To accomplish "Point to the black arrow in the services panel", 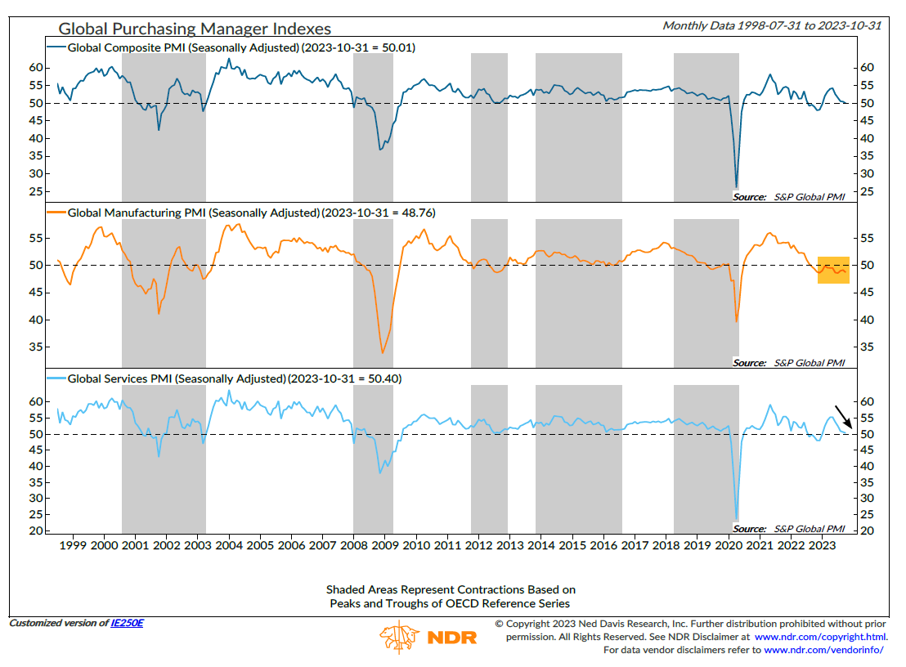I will (x=843, y=416).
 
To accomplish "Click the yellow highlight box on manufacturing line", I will (x=833, y=270).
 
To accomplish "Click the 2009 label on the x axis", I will (x=384, y=545).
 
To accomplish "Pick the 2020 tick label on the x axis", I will (x=726, y=545).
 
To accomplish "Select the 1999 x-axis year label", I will (x=73, y=545).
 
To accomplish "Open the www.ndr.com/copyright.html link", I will (x=819, y=637).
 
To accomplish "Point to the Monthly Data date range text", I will (x=771, y=25).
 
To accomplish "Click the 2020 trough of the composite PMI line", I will (x=736, y=187).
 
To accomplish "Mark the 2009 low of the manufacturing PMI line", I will (x=382, y=352).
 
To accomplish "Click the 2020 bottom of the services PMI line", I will (x=737, y=520).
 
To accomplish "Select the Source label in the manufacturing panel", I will (x=749, y=362).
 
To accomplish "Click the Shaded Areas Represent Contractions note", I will (x=451, y=589).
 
